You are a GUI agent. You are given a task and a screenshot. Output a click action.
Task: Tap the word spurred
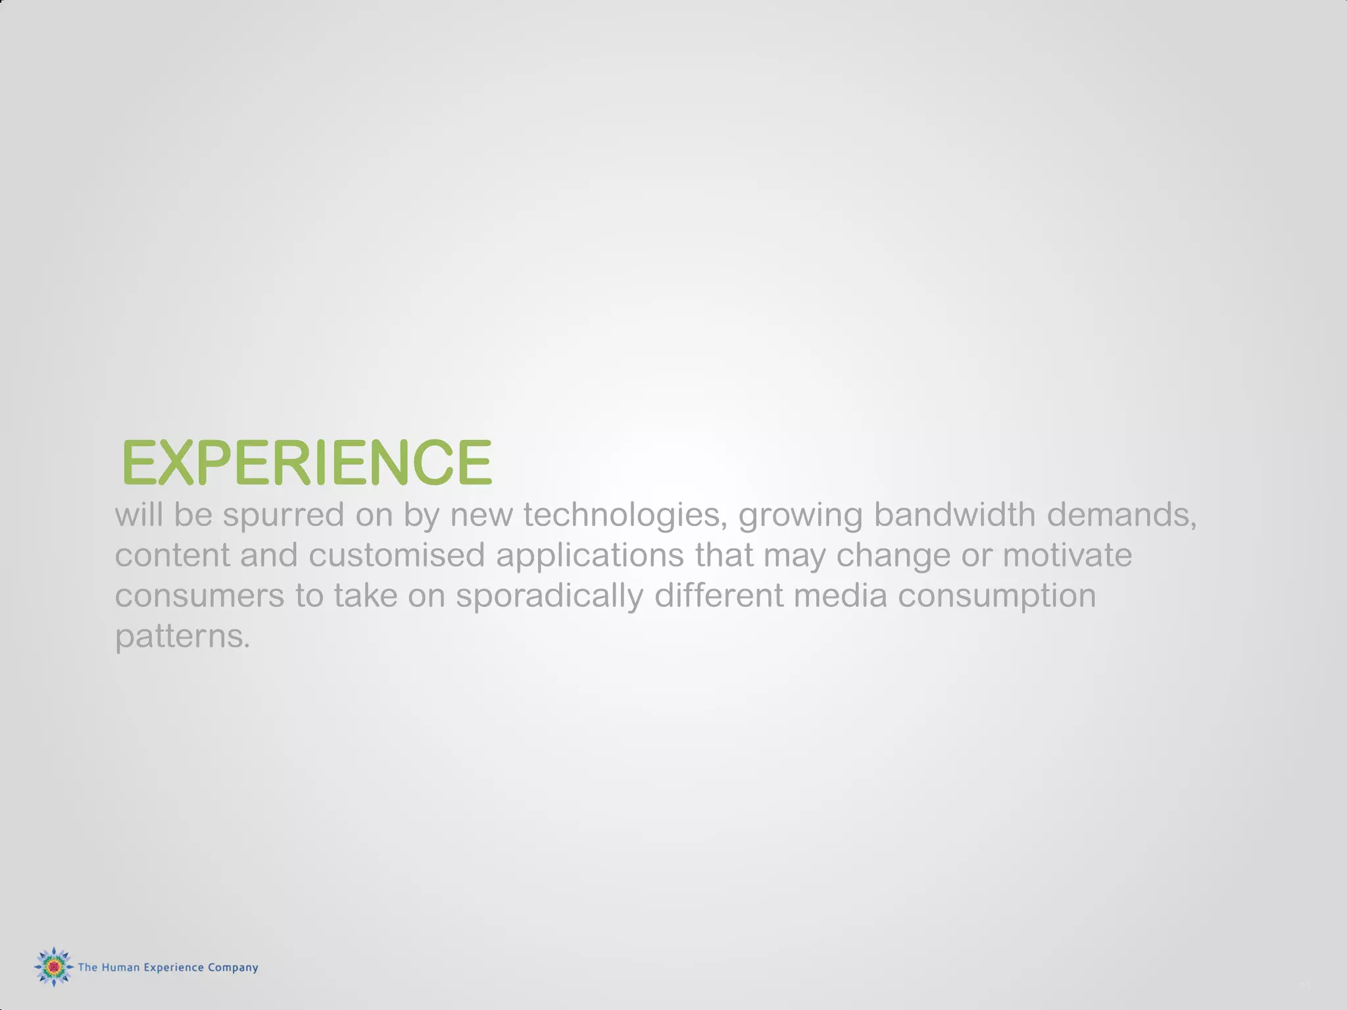click(283, 514)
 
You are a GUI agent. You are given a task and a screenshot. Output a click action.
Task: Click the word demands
click(1121, 514)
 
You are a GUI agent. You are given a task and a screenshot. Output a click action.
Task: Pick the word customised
click(397, 555)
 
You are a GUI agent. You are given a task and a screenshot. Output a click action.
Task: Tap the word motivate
click(1067, 555)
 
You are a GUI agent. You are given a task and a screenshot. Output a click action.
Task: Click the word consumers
click(199, 596)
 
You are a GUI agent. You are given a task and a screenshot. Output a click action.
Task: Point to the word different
click(718, 596)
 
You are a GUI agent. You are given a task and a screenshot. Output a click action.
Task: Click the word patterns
click(182, 637)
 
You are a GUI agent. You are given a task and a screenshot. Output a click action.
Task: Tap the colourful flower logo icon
click(53, 967)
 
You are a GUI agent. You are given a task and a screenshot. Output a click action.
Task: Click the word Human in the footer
click(120, 967)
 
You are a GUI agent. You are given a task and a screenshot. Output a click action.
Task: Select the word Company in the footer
click(233, 968)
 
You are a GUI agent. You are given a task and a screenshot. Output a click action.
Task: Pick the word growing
click(800, 516)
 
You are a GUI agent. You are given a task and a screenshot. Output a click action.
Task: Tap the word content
click(172, 555)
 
